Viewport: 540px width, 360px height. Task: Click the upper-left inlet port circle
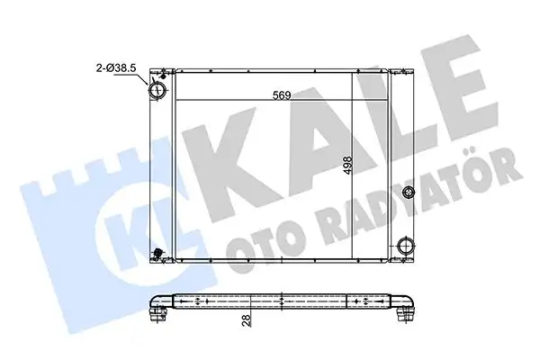click(x=158, y=92)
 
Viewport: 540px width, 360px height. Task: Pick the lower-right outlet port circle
click(x=406, y=247)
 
